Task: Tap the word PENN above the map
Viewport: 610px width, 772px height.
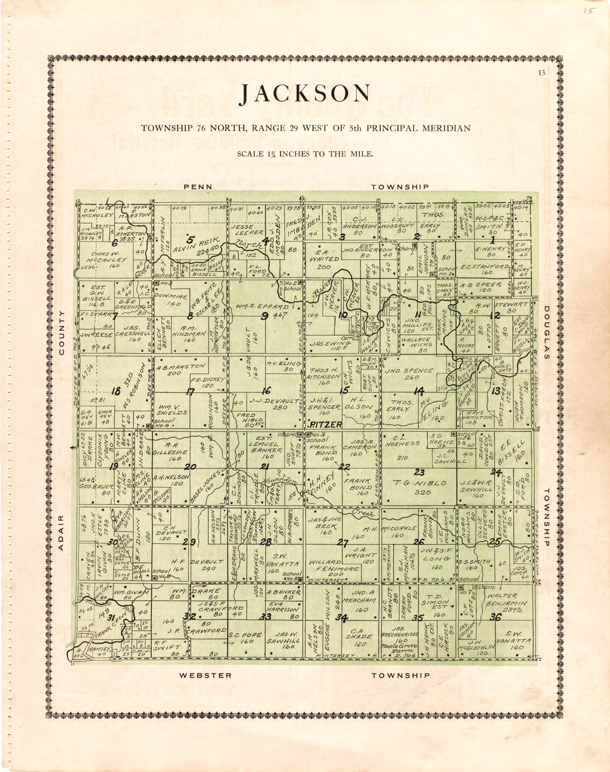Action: pos(198,187)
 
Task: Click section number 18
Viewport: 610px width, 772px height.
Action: pos(115,392)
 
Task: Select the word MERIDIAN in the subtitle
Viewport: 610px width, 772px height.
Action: pos(449,128)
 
